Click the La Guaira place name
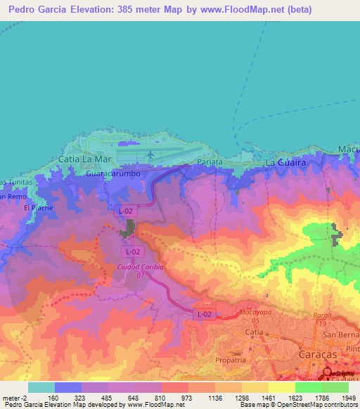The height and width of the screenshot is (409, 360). [x=285, y=162]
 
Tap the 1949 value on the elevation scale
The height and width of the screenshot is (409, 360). [x=349, y=398]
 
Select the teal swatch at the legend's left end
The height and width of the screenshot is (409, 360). [x=41, y=387]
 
